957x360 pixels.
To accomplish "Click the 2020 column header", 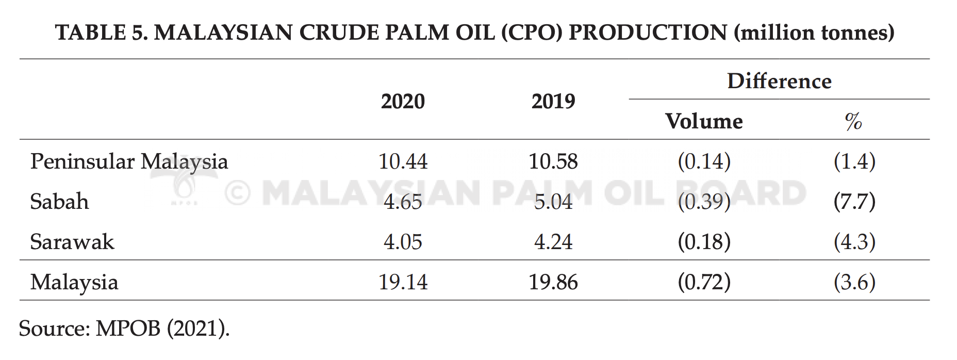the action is pos(403,101).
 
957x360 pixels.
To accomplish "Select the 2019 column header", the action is pos(553,101).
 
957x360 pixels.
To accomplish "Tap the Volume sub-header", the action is pos(704,121).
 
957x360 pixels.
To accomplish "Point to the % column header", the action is pos(853,121).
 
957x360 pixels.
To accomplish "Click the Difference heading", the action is pos(779,81).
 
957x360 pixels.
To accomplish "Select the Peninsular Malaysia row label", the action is pos(129,162).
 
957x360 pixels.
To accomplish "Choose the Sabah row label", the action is pos(59,201).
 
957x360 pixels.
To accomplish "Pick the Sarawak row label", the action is pos(72,241).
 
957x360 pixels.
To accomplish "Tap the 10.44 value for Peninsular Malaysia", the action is pos(403,161).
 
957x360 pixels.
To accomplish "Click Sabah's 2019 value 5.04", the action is pos(553,202).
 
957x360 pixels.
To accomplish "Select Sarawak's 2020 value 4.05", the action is pos(403,242).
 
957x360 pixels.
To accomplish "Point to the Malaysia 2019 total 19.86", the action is pos(553,282).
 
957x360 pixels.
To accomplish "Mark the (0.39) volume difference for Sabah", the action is pos(704,202).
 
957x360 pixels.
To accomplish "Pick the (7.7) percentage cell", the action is pos(854,202).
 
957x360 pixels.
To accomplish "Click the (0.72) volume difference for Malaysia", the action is pos(704,282).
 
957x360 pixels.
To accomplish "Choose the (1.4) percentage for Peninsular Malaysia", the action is pos(854,161).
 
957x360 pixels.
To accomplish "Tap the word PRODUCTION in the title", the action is pos(648,32).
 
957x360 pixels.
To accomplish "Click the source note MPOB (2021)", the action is pos(162,329).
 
